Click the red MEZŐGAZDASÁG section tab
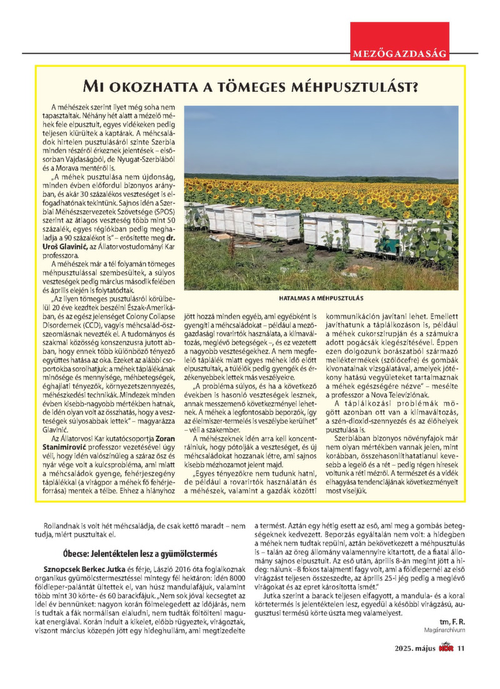(x=400, y=54)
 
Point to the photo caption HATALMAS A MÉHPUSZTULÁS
(x=321, y=298)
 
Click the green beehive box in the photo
(x=406, y=242)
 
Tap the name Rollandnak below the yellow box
(x=62, y=526)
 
